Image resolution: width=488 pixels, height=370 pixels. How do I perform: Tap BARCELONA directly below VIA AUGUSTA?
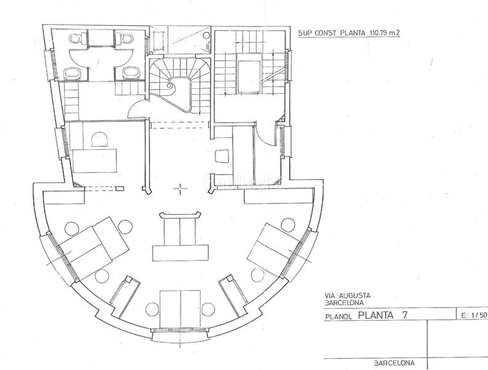[x=343, y=303]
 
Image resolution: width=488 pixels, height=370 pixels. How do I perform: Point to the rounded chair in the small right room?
[x=222, y=157]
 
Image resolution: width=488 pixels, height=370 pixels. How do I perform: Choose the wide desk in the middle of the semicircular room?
[x=180, y=252]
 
